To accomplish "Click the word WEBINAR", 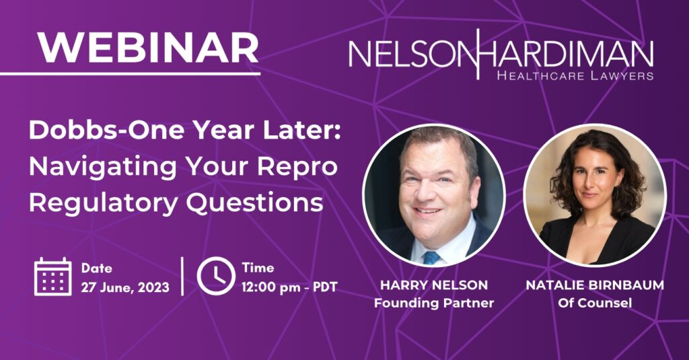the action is tap(148, 48).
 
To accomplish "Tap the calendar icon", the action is tap(52, 277).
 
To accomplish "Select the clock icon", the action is tap(216, 276).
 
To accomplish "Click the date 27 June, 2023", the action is tap(124, 287).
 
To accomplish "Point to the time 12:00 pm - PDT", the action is tap(289, 287).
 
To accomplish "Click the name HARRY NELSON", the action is tap(434, 285).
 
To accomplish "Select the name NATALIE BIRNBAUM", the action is tap(595, 285).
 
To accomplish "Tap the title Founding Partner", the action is tap(434, 303).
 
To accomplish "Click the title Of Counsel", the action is tap(595, 303).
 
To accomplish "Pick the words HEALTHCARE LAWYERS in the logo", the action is tap(575, 75).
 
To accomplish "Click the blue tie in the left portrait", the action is tap(431, 257).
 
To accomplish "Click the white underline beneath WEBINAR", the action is tap(130, 73).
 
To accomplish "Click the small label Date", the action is tap(97, 268).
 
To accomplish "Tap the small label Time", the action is tap(258, 268).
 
